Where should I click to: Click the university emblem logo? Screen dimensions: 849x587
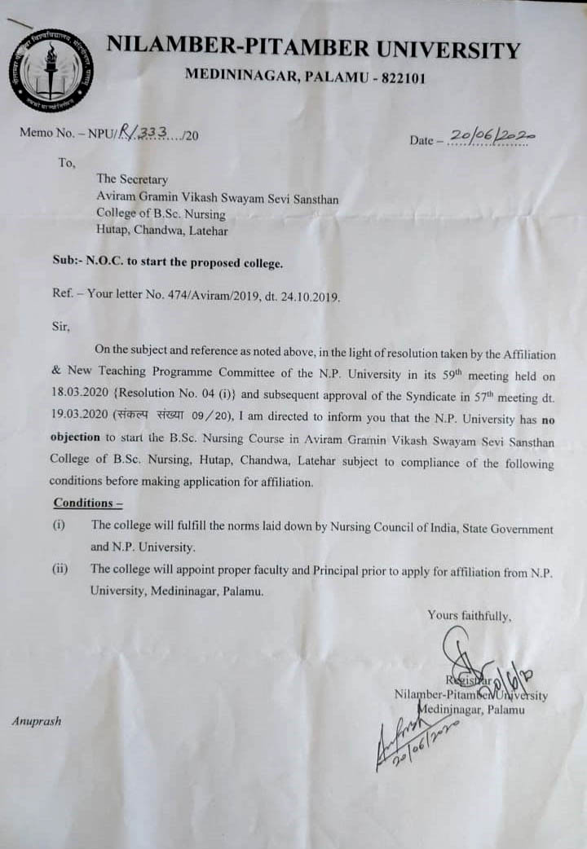click(x=51, y=70)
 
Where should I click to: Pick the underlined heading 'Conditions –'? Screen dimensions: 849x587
click(x=88, y=503)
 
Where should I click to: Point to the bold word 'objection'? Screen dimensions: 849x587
click(x=75, y=436)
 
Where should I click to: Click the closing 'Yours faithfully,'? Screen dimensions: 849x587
click(x=470, y=616)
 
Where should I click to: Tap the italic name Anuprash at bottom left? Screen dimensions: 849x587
click(x=36, y=721)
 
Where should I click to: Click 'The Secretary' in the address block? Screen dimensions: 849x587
click(x=132, y=179)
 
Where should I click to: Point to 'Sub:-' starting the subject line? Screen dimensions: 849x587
click(x=68, y=264)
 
